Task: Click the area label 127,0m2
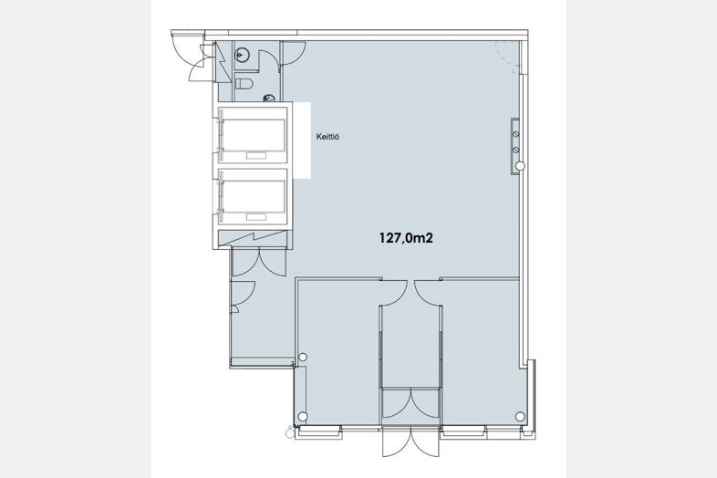pos(406,238)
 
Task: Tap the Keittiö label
pos(327,136)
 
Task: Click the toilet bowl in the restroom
pos(244,84)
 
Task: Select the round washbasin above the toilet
pos(242,55)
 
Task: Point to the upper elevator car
pos(253,135)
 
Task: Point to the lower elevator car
pos(253,197)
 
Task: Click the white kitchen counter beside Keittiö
pos(302,140)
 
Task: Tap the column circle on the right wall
pos(520,166)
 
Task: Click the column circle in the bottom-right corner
pos(520,416)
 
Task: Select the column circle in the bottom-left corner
pos(302,416)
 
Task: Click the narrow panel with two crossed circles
pos(515,146)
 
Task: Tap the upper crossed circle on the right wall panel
pos(515,134)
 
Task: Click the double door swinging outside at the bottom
pos(410,442)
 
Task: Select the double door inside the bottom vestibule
pos(410,403)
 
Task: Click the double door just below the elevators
pos(260,263)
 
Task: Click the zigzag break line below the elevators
pos(253,240)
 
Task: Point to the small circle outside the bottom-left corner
pos(289,432)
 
